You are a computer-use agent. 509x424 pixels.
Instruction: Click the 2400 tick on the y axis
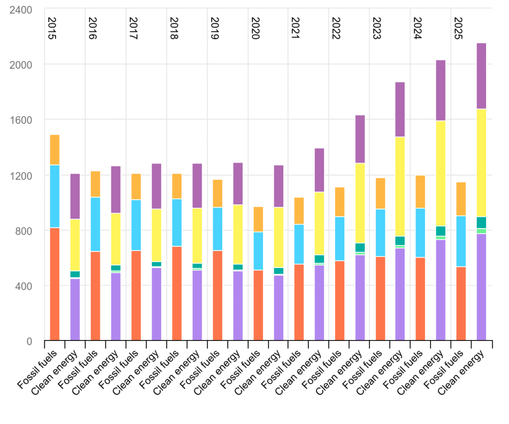click(x=21, y=9)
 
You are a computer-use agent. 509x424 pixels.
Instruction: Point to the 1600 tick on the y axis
click(x=21, y=120)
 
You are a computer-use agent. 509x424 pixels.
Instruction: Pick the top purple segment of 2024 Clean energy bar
click(x=440, y=90)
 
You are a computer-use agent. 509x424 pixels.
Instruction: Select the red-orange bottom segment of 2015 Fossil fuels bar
click(x=55, y=284)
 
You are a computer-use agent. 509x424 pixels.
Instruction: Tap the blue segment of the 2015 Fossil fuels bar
click(x=55, y=196)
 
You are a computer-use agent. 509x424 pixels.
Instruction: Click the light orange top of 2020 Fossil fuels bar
click(x=258, y=219)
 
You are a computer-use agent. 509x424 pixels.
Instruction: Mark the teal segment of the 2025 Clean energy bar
click(x=481, y=222)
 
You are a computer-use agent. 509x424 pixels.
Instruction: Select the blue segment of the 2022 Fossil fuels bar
click(x=340, y=239)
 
